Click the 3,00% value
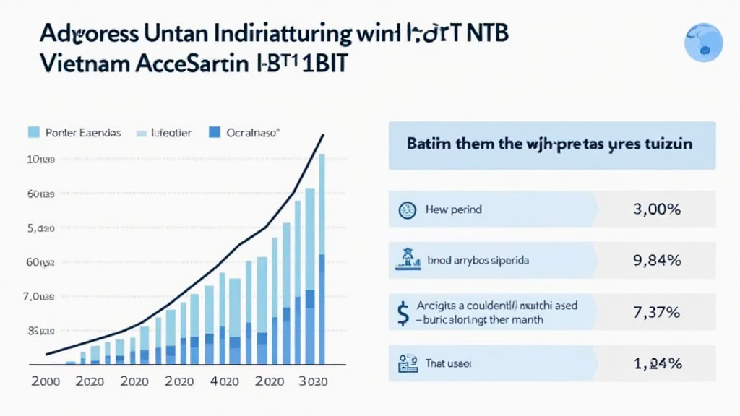pyautogui.click(x=657, y=209)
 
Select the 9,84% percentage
pyautogui.click(x=657, y=261)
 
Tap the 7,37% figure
pyautogui.click(x=657, y=313)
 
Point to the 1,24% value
pyautogui.click(x=657, y=364)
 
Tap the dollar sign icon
pyautogui.click(x=403, y=312)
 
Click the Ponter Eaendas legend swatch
pyautogui.click(x=33, y=133)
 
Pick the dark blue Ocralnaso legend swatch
pyautogui.click(x=214, y=133)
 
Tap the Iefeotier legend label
pyautogui.click(x=171, y=134)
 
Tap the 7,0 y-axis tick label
pyautogui.click(x=40, y=297)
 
